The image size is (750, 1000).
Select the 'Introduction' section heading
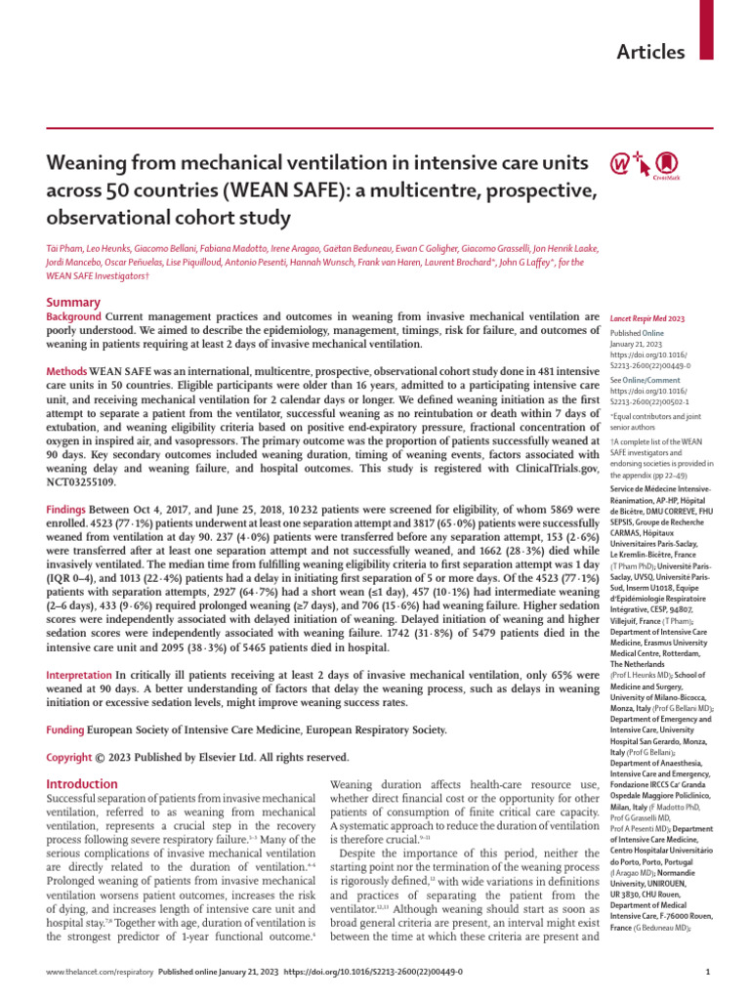tap(83, 783)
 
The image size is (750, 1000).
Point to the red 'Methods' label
tap(66, 373)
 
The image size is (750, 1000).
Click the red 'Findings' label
tap(67, 511)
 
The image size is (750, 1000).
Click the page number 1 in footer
tap(706, 974)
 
